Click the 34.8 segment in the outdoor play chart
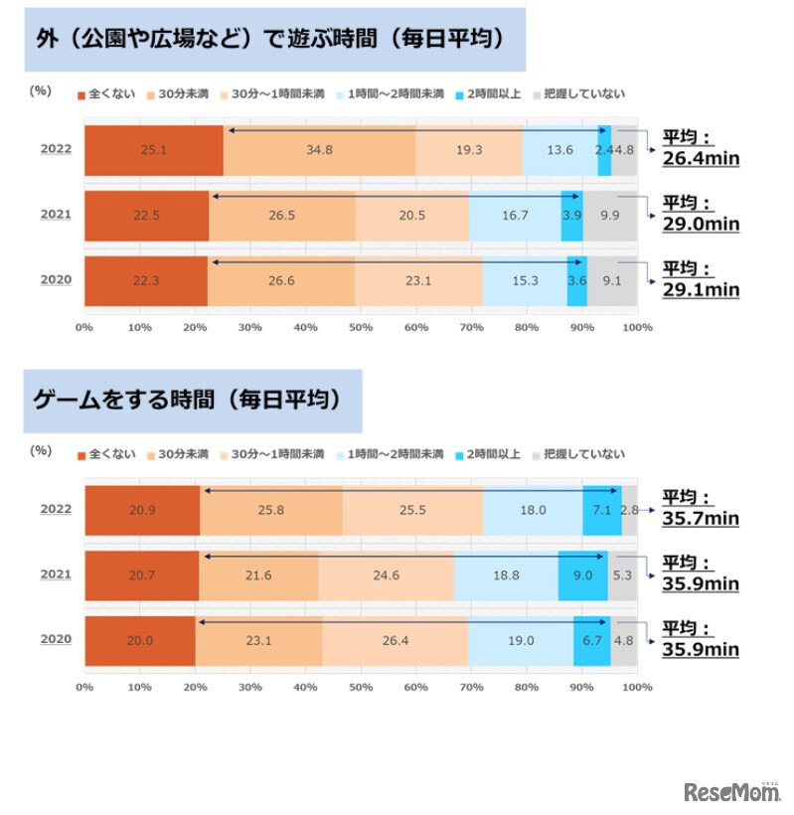(319, 151)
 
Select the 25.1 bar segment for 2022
(153, 151)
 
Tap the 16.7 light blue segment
(515, 215)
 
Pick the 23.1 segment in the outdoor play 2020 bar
(418, 280)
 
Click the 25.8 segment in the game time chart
(271, 510)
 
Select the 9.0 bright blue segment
(582, 574)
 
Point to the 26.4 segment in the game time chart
(395, 640)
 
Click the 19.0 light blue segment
(520, 640)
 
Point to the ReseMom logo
(731, 791)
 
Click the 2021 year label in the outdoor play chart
(56, 215)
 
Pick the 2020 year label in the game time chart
(56, 640)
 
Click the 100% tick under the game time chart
(637, 686)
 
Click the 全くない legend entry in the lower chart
(104, 454)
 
